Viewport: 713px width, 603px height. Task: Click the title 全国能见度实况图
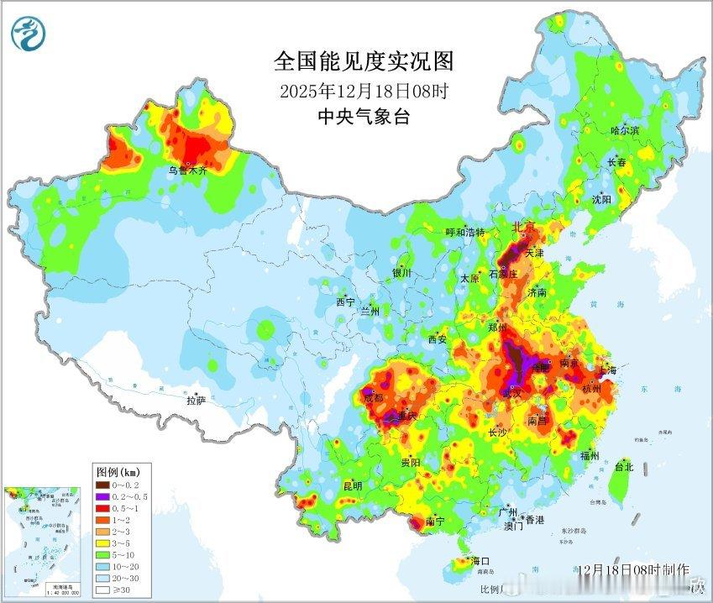click(364, 61)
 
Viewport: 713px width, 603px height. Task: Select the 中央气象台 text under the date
click(364, 117)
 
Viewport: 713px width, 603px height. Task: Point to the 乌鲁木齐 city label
click(187, 170)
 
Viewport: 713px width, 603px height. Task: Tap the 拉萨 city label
click(196, 401)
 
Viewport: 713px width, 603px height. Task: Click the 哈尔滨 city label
click(625, 130)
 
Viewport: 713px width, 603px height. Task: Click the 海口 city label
click(480, 560)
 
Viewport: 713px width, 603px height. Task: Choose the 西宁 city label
click(346, 301)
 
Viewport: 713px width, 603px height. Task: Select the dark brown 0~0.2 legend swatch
click(102, 485)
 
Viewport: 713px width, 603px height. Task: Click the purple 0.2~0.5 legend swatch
click(102, 496)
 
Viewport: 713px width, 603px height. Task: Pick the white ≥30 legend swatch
click(102, 590)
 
